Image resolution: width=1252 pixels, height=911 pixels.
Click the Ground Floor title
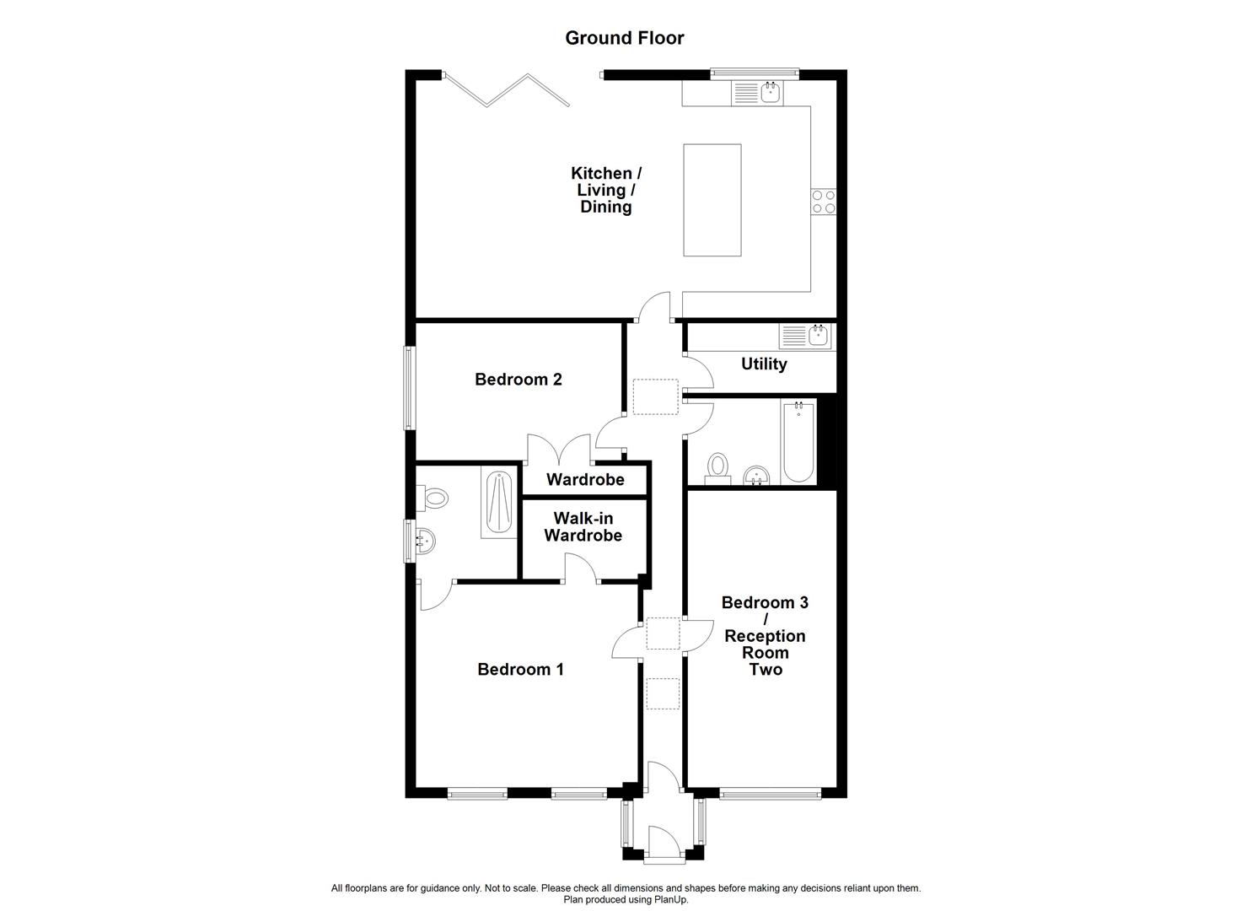[624, 38]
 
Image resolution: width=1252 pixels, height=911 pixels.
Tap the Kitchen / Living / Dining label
[605, 190]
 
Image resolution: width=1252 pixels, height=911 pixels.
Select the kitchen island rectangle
[712, 200]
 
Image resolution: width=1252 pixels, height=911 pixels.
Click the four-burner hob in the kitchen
[823, 202]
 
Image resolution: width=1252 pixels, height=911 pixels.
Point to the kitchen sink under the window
[769, 92]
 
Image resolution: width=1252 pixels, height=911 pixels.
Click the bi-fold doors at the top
[506, 90]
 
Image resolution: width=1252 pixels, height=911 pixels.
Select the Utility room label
[764, 364]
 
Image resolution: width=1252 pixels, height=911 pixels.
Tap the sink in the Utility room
[817, 336]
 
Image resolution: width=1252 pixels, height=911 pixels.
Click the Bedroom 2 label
[518, 380]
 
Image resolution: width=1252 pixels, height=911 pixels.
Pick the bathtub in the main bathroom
[798, 442]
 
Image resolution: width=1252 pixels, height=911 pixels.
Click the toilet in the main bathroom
[717, 466]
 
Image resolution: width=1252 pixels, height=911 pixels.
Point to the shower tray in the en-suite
[500, 503]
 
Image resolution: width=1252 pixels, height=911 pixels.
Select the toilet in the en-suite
[434, 497]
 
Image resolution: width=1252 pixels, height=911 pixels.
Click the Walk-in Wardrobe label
[583, 527]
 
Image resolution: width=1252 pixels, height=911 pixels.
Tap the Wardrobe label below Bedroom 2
[585, 480]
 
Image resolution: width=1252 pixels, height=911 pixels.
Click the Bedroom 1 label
[520, 670]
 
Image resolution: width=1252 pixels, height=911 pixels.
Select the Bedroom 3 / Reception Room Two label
[764, 636]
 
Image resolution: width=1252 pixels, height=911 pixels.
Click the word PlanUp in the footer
[670, 900]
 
